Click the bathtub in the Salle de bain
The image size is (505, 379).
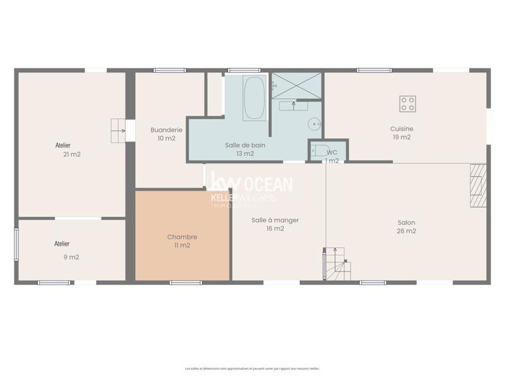[255, 98]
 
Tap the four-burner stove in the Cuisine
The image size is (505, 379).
[408, 104]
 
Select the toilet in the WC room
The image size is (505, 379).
[321, 150]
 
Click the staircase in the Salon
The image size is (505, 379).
[337, 263]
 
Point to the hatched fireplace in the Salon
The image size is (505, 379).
[478, 185]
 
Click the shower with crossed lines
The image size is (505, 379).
[296, 86]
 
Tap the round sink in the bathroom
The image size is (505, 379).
[314, 124]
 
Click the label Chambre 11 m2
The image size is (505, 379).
[182, 241]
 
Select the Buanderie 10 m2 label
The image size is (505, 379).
[166, 134]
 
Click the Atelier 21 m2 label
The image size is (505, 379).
[67, 149]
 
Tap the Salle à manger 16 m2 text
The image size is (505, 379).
[275, 224]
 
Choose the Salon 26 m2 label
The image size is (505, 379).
[406, 226]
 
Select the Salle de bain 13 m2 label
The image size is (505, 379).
[244, 149]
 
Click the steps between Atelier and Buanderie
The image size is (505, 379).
[118, 130]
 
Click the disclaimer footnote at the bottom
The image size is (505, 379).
[252, 368]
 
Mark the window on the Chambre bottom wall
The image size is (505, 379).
[186, 282]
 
